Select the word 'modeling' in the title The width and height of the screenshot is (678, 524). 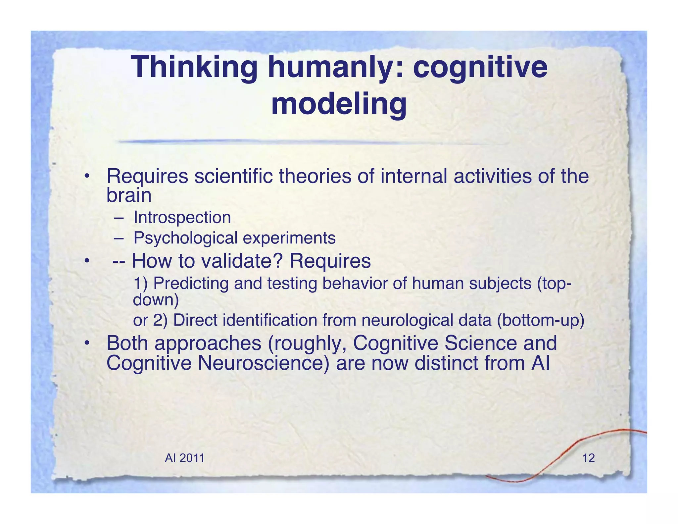click(x=339, y=104)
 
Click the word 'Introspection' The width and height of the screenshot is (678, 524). click(x=182, y=218)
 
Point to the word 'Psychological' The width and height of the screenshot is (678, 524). click(x=185, y=238)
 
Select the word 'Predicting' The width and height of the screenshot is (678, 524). click(x=191, y=283)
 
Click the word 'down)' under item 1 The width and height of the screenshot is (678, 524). click(x=156, y=300)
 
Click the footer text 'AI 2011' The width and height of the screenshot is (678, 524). click(x=184, y=458)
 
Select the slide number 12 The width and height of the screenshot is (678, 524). click(x=588, y=458)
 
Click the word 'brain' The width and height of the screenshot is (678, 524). click(x=129, y=195)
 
